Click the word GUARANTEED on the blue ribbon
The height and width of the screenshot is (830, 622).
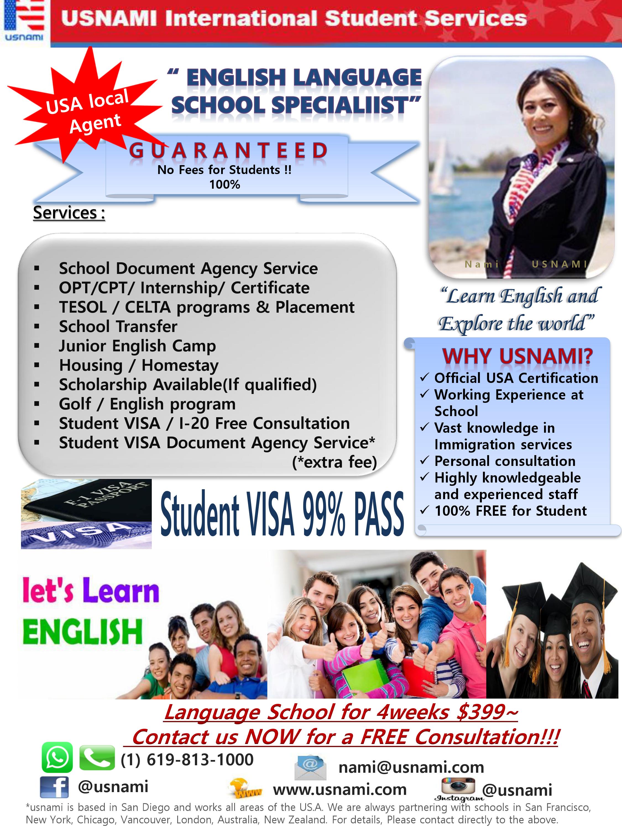click(228, 151)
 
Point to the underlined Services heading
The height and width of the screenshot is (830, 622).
click(69, 213)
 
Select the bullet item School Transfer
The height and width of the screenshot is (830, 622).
click(118, 326)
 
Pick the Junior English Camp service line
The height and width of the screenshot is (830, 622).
click(137, 346)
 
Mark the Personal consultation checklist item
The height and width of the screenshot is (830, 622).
click(505, 461)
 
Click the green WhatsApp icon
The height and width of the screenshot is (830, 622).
click(57, 757)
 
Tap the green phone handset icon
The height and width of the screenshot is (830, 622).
click(97, 758)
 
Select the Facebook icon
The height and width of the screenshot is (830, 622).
click(54, 787)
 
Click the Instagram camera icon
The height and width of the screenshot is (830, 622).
click(458, 786)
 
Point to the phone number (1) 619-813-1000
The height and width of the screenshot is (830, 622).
click(187, 760)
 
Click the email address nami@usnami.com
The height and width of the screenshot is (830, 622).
click(411, 767)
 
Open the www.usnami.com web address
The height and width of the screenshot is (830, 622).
click(340, 790)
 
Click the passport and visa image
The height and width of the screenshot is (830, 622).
click(86, 514)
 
